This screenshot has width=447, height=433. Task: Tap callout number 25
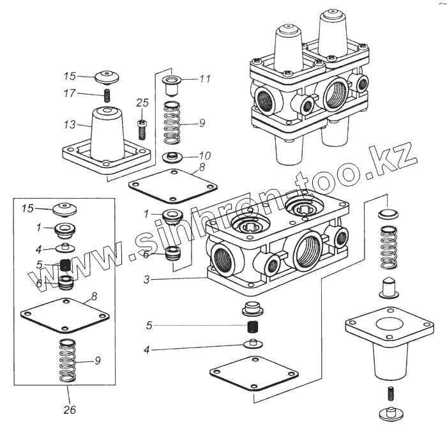point(142,102)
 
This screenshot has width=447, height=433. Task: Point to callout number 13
point(70,125)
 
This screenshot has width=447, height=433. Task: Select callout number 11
point(204,79)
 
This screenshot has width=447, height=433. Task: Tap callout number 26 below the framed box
point(70,410)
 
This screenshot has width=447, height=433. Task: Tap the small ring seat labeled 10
point(171,156)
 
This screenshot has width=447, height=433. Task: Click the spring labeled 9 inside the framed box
point(67,361)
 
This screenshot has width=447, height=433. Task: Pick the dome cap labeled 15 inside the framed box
point(64,208)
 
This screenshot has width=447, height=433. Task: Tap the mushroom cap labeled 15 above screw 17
point(107,77)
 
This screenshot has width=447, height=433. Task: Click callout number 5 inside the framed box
point(39,264)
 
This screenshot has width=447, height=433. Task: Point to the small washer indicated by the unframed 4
point(252,345)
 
